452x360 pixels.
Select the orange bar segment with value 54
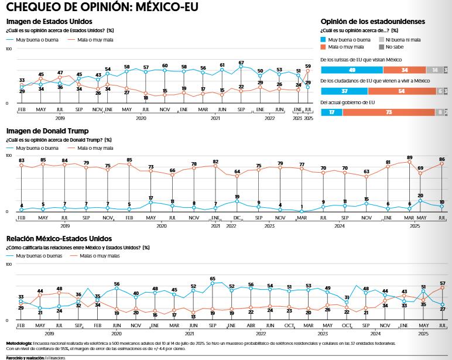pos(401,91)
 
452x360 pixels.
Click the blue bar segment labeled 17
pos(331,112)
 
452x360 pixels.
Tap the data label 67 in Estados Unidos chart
pos(241,63)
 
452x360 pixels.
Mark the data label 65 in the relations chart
pos(213,279)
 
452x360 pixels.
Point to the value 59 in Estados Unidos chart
pos(308,66)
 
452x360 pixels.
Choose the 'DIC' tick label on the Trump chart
pos(237,218)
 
